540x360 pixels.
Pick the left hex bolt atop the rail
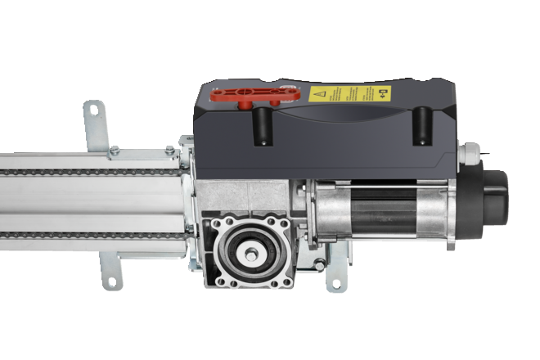[115, 151]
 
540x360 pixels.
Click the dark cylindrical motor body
[385, 209]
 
